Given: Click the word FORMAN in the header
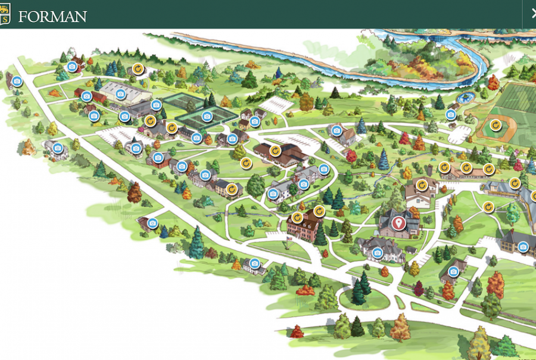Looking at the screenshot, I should [x=52, y=16].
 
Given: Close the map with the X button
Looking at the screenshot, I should [x=532, y=14].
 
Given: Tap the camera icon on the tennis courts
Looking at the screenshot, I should [x=207, y=116].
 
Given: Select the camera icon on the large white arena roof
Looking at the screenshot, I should [x=120, y=93].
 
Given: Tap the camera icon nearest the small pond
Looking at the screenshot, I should [x=451, y=114].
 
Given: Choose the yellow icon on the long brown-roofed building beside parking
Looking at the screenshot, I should [x=275, y=150].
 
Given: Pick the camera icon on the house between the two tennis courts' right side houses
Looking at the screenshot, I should [x=255, y=122].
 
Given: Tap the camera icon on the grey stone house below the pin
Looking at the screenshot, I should [x=377, y=253].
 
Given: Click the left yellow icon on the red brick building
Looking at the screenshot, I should [x=297, y=216].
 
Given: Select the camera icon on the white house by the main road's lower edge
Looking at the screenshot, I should [x=255, y=263].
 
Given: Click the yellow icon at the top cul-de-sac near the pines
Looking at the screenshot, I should [x=138, y=69].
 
